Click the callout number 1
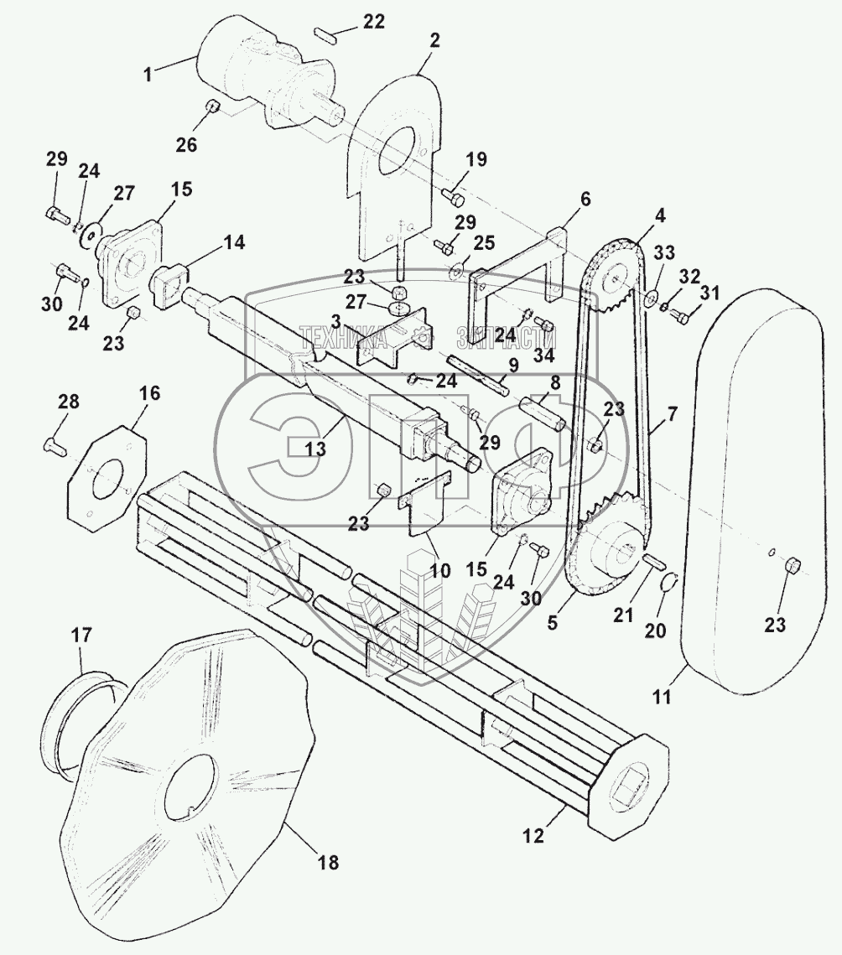click(148, 74)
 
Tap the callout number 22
click(373, 22)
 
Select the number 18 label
click(329, 862)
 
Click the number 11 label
click(662, 694)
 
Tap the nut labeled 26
click(213, 106)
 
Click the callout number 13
click(314, 449)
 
